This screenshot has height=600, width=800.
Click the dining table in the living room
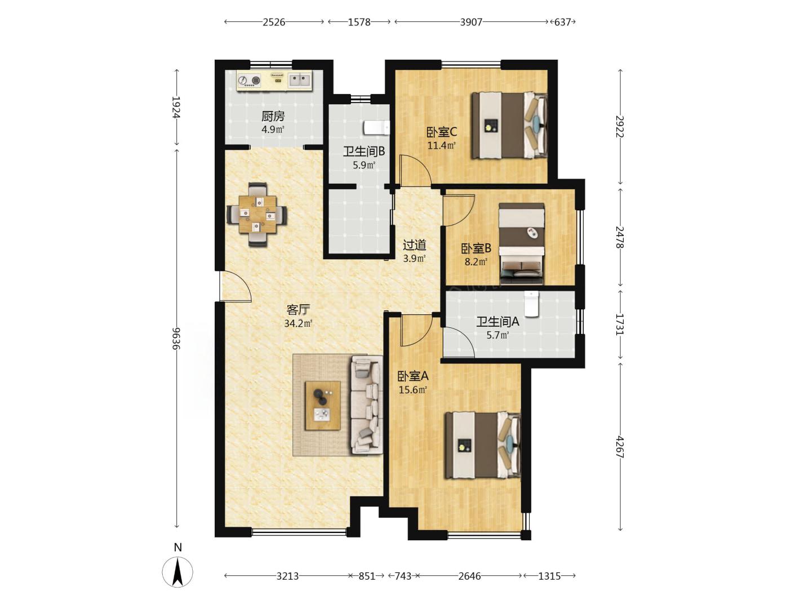[257, 214]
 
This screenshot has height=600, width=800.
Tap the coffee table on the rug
[323, 406]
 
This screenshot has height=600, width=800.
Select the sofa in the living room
[367, 405]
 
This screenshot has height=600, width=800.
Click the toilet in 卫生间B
[376, 128]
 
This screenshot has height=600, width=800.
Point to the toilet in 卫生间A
[531, 304]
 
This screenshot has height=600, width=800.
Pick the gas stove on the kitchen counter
[250, 80]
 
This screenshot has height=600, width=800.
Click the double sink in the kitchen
[300, 80]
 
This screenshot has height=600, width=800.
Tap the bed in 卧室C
[509, 125]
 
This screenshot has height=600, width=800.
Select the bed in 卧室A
[483, 445]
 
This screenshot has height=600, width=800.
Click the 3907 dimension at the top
[471, 22]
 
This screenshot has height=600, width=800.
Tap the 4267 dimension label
[620, 447]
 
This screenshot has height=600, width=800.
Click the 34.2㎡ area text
[298, 323]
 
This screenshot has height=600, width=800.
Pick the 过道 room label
[415, 246]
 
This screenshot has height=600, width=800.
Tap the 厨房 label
[273, 116]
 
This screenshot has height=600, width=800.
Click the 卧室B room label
[477, 248]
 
